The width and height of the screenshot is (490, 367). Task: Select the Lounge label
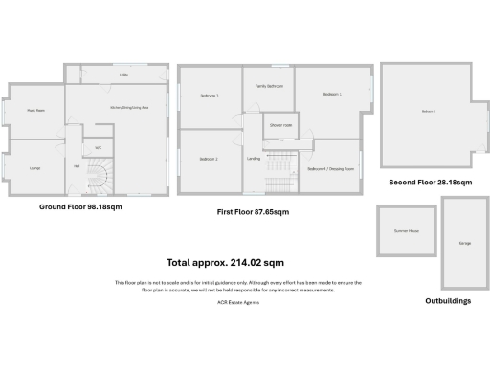point(34,168)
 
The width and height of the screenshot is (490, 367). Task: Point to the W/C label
point(98,147)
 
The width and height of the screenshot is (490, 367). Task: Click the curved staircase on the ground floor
point(100,177)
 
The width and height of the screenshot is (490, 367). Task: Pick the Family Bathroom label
point(267,86)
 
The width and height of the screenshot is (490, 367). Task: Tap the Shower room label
point(279,125)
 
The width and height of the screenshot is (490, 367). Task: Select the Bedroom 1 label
point(332,94)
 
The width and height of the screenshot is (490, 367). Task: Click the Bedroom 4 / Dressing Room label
point(331,169)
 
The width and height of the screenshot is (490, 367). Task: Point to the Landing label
point(254,158)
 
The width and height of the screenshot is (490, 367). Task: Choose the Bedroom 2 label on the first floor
point(210,159)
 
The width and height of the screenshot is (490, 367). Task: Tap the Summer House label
point(406,231)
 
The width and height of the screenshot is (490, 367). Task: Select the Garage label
point(464,243)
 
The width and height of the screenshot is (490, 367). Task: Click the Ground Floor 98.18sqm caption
point(80,206)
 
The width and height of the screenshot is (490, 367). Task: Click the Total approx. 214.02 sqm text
point(225,262)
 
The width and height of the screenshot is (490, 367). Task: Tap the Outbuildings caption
point(447,300)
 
